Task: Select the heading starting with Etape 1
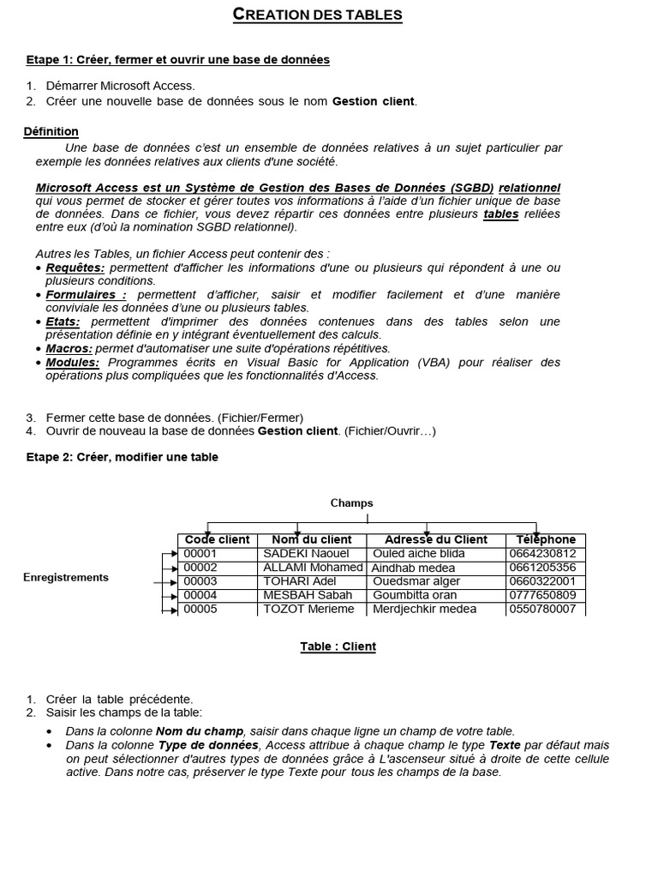pos(177,59)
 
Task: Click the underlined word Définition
pos(51,131)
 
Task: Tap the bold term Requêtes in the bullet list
pos(75,268)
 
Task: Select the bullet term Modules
pos(73,362)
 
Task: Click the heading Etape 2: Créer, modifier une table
pos(123,457)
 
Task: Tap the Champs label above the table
pos(352,503)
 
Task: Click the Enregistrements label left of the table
pos(66,577)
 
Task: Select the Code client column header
pos(218,539)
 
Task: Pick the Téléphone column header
pos(546,539)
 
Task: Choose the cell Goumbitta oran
pos(415,595)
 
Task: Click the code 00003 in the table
pos(200,581)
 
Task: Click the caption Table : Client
pos(338,646)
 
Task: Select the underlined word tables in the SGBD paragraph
pos(501,213)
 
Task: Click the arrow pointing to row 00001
pos(170,554)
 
